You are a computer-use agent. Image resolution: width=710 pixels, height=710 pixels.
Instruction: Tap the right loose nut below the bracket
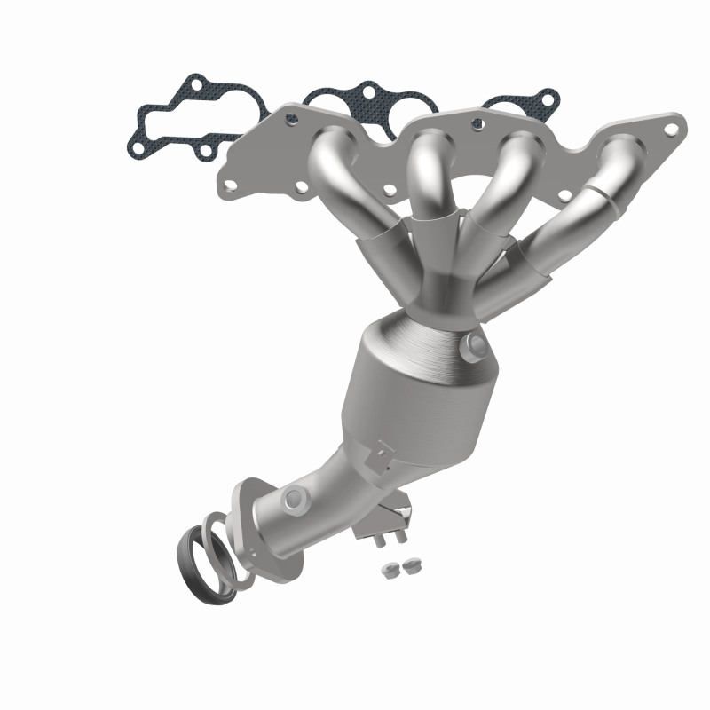409,565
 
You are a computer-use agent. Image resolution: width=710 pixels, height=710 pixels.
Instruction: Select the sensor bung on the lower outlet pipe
294,502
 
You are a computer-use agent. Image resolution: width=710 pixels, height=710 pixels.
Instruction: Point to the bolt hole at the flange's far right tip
672,130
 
